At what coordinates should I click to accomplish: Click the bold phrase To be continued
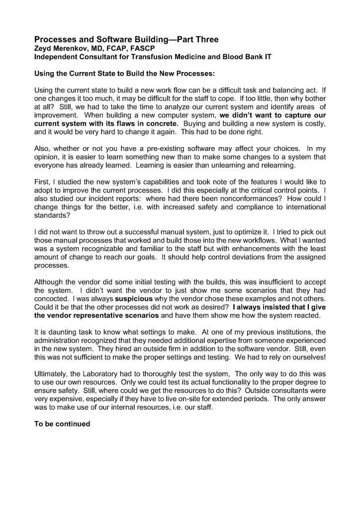tap(62, 424)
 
